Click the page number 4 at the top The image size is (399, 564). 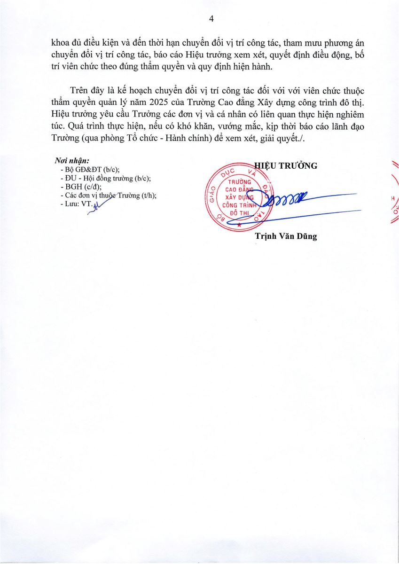(x=211, y=19)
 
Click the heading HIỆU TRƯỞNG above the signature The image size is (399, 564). (x=286, y=165)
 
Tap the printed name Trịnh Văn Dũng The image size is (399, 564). (x=286, y=236)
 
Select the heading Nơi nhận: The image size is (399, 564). (x=72, y=161)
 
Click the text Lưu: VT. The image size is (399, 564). (x=76, y=204)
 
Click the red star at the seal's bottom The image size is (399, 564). (x=239, y=226)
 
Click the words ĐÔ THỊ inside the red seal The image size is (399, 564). (x=238, y=213)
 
